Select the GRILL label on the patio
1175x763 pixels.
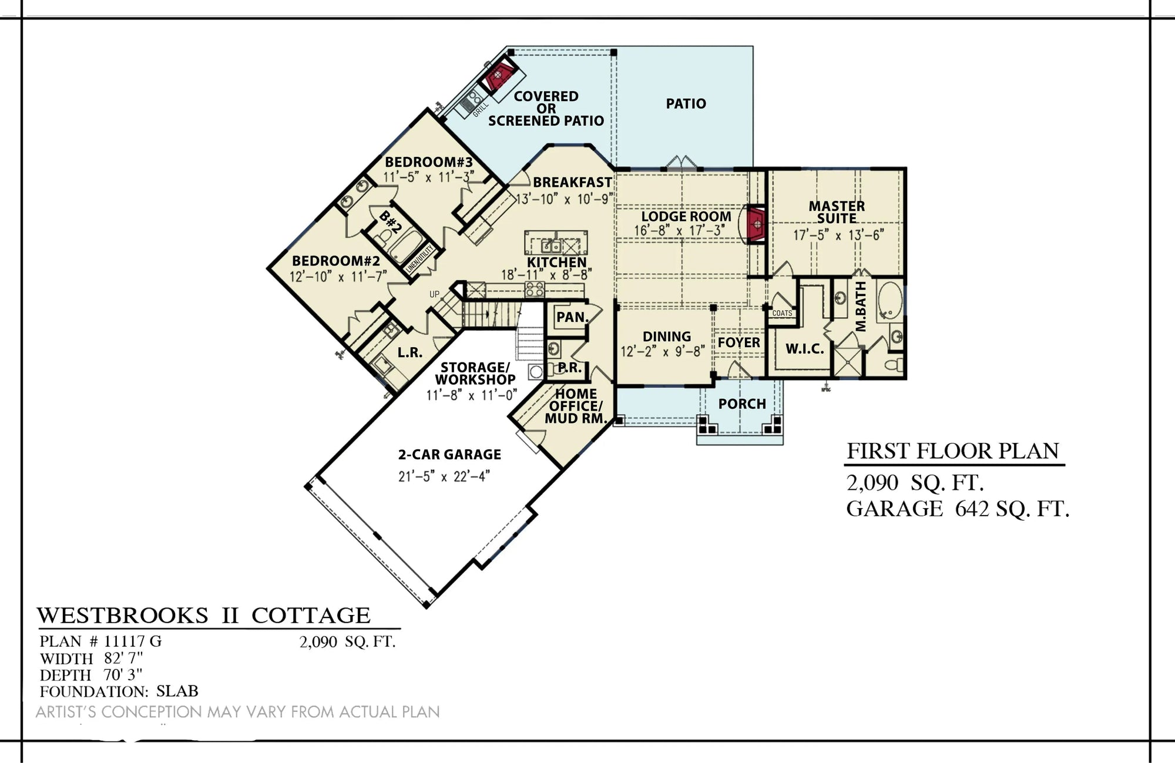480,109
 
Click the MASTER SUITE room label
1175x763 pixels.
837,212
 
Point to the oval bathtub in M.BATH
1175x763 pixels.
889,300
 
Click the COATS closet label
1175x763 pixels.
782,314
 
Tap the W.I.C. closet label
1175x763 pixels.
805,349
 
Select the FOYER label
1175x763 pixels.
739,342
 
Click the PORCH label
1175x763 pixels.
742,404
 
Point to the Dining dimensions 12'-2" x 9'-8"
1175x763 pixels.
666,351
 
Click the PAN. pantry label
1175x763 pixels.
572,317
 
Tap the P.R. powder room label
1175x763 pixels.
569,368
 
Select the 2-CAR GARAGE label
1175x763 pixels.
449,454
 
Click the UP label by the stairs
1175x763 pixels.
434,294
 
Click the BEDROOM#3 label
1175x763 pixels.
429,162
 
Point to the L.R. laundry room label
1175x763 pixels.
409,352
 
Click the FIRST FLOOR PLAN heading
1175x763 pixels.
952,451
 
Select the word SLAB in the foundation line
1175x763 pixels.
177,691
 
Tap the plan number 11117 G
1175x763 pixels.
133,641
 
